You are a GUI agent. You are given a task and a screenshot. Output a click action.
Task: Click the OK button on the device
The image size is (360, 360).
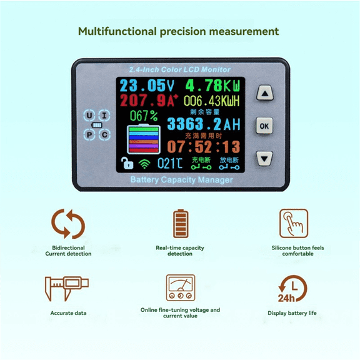(x=265, y=126)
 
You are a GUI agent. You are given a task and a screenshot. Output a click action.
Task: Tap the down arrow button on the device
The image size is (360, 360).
(x=265, y=158)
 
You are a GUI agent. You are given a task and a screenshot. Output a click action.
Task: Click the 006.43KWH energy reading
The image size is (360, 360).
(x=213, y=101)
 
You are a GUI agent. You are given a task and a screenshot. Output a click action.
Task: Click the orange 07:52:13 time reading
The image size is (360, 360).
(x=204, y=147)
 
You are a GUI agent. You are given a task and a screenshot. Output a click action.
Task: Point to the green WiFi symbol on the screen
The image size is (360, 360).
(x=144, y=164)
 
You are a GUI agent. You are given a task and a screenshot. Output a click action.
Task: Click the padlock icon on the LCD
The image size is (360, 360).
(x=127, y=164)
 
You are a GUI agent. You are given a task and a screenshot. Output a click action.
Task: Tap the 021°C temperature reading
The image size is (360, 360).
(x=169, y=164)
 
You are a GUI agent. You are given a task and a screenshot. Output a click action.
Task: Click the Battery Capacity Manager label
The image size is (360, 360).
(x=181, y=180)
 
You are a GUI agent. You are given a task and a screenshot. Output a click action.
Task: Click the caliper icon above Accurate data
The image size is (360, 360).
(x=66, y=288)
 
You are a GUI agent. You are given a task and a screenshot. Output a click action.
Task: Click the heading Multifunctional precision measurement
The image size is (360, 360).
(x=178, y=31)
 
